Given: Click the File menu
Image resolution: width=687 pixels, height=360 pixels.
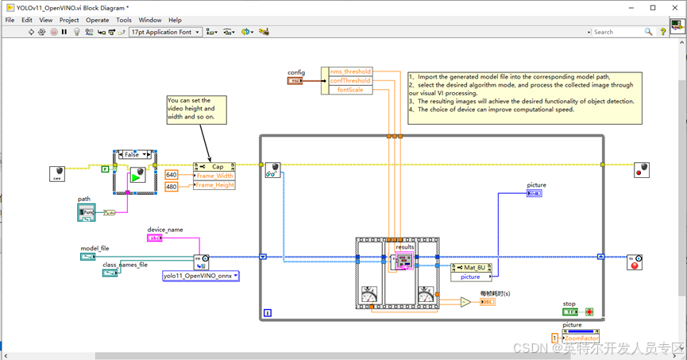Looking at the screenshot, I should (10, 20).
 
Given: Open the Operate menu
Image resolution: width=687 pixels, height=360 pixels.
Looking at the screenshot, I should (98, 20).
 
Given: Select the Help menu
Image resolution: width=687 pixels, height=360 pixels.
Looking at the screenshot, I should (175, 20).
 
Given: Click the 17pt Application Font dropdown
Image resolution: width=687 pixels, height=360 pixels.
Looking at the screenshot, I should (165, 32).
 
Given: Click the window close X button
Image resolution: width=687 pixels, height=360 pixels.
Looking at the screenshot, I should (674, 7).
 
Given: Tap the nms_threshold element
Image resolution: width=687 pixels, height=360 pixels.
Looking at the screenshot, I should (349, 72).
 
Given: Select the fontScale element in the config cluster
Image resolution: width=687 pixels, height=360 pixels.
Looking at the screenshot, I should (349, 90).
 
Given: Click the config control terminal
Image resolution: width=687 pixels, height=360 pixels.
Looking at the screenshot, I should (295, 81).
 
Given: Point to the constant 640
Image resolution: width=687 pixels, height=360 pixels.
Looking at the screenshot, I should (172, 175).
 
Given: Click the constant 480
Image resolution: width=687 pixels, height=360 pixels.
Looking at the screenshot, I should (172, 187).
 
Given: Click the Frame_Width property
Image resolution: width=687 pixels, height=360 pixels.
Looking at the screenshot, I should (214, 176).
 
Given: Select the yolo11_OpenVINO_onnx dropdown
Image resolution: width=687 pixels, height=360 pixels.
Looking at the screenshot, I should (200, 276).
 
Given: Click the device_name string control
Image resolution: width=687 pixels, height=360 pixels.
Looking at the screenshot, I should (155, 238).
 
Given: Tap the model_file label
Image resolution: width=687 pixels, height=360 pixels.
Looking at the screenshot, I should (95, 248).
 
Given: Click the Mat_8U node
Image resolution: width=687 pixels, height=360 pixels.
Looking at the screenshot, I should (476, 268).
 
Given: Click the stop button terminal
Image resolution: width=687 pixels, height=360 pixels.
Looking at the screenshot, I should (570, 312).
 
